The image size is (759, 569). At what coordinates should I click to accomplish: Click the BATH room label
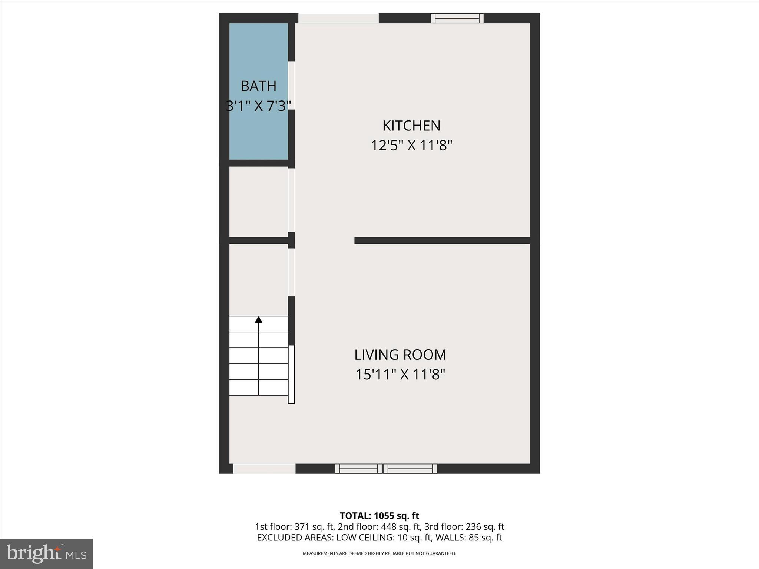tap(258, 86)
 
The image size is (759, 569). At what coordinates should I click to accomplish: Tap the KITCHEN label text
tap(411, 126)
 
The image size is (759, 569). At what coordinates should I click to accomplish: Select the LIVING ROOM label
tap(400, 355)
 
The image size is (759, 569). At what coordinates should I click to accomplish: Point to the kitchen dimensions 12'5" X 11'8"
tap(411, 146)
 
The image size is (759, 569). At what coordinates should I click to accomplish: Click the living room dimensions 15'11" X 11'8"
tap(400, 375)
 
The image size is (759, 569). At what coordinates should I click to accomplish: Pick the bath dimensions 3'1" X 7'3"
tap(258, 106)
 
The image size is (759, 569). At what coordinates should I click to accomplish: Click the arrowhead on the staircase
tap(258, 320)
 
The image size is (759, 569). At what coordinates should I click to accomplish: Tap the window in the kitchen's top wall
tap(457, 18)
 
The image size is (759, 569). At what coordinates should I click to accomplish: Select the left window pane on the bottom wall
tap(358, 469)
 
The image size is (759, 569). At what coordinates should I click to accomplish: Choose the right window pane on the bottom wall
tap(410, 469)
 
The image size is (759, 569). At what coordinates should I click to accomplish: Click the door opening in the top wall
tap(338, 18)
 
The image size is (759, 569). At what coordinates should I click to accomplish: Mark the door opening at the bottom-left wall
tap(264, 469)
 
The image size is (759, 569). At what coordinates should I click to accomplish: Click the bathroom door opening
tap(291, 86)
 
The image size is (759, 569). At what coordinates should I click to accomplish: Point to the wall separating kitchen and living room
tap(442, 240)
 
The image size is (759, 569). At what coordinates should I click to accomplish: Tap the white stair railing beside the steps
tap(291, 374)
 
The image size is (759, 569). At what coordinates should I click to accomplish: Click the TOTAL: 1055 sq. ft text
tap(379, 516)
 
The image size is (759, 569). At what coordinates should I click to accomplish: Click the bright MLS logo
tap(46, 553)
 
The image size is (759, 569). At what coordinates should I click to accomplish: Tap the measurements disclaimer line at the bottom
tap(379, 553)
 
